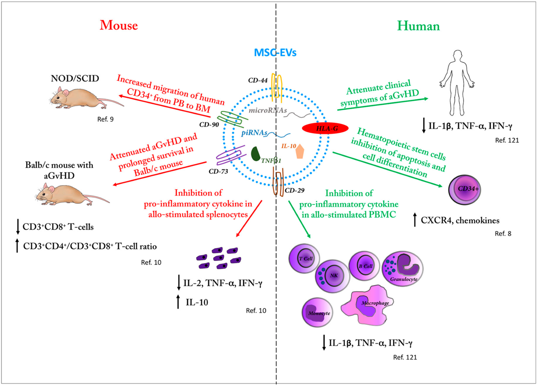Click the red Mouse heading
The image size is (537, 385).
(119, 26)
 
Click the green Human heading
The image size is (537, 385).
(418, 26)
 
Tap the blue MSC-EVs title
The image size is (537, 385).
(275, 53)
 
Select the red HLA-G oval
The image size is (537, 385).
(325, 129)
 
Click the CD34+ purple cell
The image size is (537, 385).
(464, 189)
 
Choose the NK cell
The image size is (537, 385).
(332, 276)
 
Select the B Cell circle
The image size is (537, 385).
(364, 266)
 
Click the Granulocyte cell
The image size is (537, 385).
(402, 269)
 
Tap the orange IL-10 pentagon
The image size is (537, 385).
(300, 152)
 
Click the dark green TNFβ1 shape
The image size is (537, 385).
(255, 154)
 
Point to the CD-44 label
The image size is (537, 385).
(258, 80)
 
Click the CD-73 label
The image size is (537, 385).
(218, 171)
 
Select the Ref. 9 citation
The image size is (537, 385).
(105, 119)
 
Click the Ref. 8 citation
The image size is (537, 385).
(503, 234)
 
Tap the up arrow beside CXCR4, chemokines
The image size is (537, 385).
(415, 220)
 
